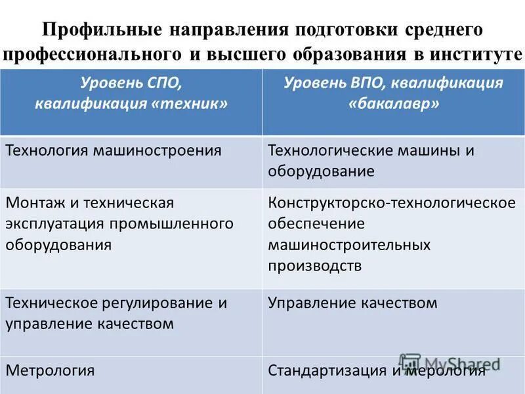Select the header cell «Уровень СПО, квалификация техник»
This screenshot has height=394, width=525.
point(131,94)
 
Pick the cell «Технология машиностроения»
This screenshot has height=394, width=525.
point(114,150)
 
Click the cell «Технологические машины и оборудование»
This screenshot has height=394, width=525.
point(371,161)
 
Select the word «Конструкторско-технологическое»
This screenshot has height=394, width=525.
point(392,202)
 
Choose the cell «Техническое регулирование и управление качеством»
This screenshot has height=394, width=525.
point(116,313)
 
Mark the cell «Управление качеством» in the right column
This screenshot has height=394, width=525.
point(352,303)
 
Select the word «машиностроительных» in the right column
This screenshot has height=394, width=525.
point(349,245)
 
